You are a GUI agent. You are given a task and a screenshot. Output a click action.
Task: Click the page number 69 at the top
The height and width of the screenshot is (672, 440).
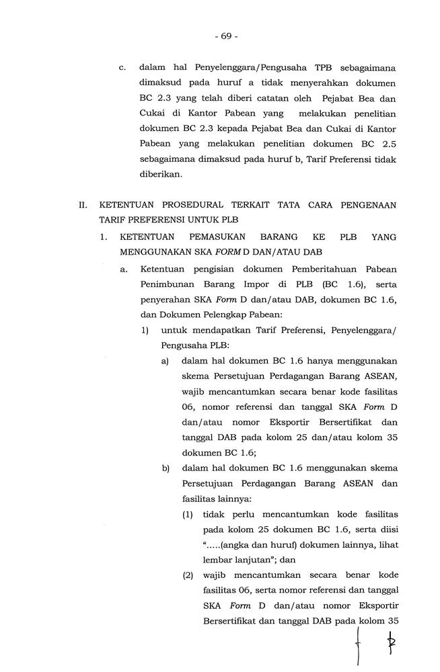[x=227, y=36]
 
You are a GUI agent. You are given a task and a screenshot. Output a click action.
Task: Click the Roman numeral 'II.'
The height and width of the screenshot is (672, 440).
[x=81, y=204]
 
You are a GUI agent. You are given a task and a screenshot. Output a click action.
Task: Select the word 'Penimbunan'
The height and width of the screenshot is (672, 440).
[x=165, y=284]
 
